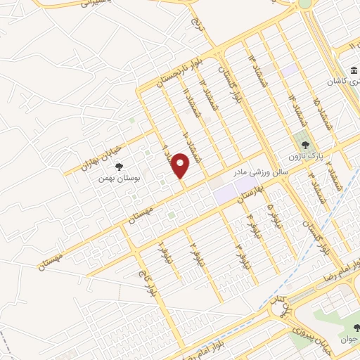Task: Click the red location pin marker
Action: (181, 165)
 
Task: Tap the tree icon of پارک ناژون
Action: (305, 143)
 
